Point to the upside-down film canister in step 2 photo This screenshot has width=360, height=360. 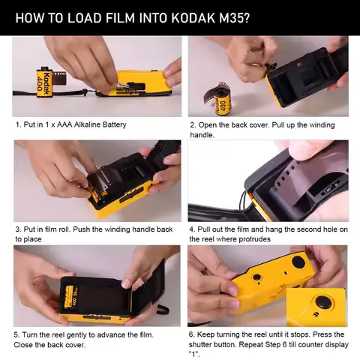(221, 98)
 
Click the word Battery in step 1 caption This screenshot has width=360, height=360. (110, 124)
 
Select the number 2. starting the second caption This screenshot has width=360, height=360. (193, 124)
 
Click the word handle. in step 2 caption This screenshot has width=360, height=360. (202, 135)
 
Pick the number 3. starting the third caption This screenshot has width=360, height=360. (18, 229)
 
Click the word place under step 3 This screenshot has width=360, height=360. (34, 239)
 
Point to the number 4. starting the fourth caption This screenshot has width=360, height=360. (193, 229)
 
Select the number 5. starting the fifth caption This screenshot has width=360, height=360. (18, 334)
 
